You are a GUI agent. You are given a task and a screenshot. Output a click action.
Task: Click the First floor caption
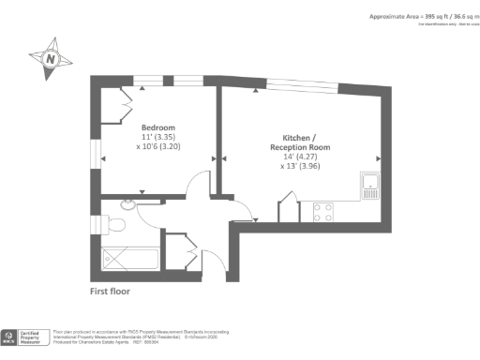[x=110, y=292]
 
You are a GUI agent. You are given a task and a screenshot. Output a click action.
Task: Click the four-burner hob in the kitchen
[x=323, y=212]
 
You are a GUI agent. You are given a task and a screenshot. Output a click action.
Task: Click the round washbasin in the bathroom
[x=128, y=202]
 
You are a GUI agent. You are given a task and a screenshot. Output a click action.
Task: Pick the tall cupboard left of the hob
[x=291, y=208]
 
